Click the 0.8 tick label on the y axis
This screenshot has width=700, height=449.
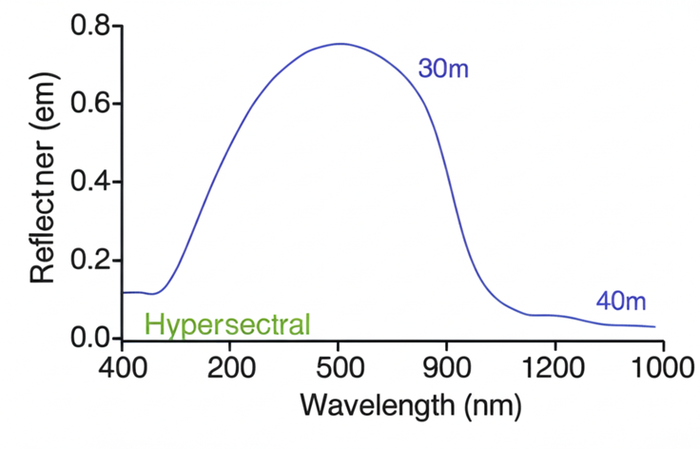(90, 26)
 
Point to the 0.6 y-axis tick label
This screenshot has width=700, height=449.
(90, 104)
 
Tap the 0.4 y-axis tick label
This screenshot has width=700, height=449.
(90, 182)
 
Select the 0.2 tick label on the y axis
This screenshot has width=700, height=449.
(90, 260)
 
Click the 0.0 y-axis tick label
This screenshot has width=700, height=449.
(90, 338)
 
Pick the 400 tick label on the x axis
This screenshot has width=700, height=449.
(123, 368)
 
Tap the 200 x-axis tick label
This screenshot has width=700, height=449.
(231, 368)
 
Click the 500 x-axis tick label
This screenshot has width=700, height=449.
(340, 368)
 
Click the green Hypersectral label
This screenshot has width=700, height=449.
(227, 324)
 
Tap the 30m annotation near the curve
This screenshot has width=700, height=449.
(443, 68)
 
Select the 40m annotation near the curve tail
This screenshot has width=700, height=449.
(620, 302)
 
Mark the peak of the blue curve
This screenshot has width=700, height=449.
(340, 43)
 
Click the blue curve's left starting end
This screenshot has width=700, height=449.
(125, 292)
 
